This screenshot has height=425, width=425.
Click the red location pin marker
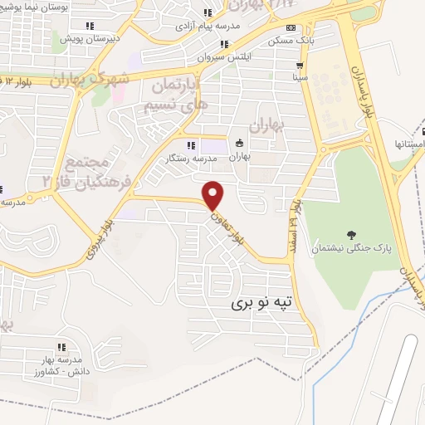[214, 193]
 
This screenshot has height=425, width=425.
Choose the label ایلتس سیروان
[220, 58]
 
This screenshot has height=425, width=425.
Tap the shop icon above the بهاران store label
[240, 142]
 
